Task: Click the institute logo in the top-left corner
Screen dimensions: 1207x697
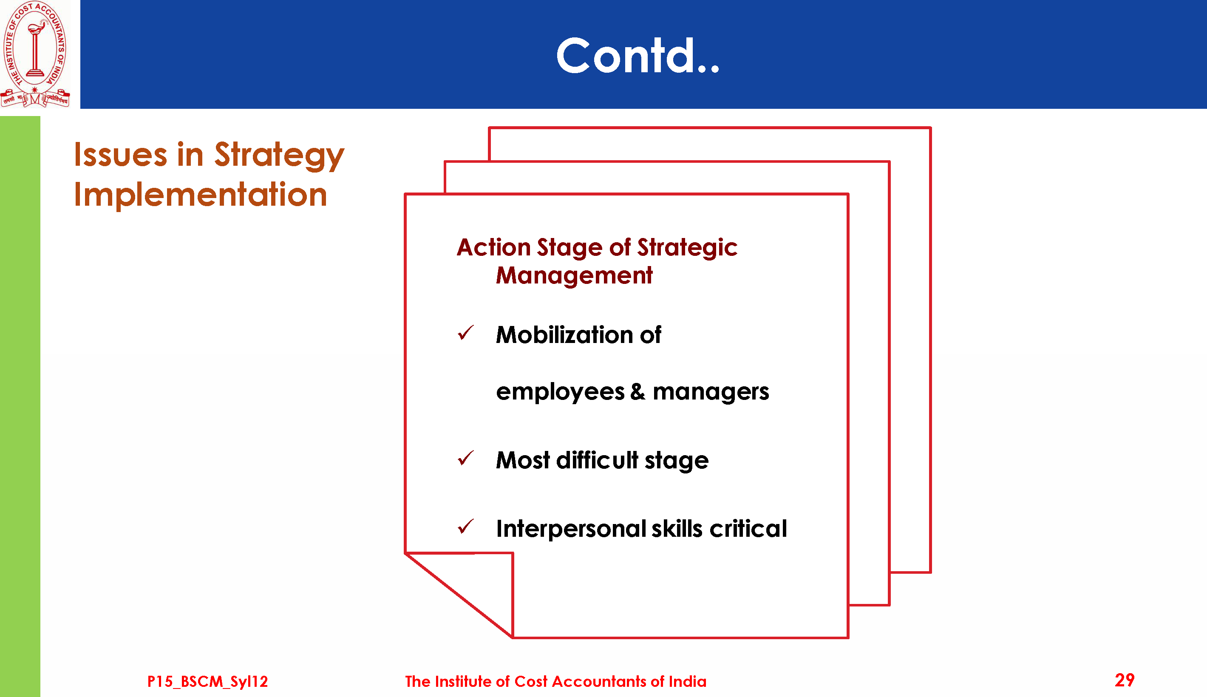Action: pos(35,54)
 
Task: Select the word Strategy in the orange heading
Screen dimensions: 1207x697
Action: pos(279,156)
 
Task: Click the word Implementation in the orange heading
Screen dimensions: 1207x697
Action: pos(201,194)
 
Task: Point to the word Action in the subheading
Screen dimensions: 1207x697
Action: pos(493,247)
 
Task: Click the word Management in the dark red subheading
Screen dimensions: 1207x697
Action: pos(574,276)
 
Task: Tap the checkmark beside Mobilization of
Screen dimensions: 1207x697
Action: pos(465,333)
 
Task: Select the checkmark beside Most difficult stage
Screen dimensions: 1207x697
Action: pos(465,458)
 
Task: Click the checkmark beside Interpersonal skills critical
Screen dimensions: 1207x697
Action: pos(465,527)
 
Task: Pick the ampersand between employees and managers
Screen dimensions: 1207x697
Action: pos(637,391)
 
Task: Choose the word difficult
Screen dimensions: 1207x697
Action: pos(597,460)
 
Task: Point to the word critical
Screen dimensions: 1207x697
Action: pos(748,529)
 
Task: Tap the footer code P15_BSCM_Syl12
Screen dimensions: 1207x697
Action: pos(207,682)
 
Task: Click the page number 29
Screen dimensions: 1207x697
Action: pos(1125,680)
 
